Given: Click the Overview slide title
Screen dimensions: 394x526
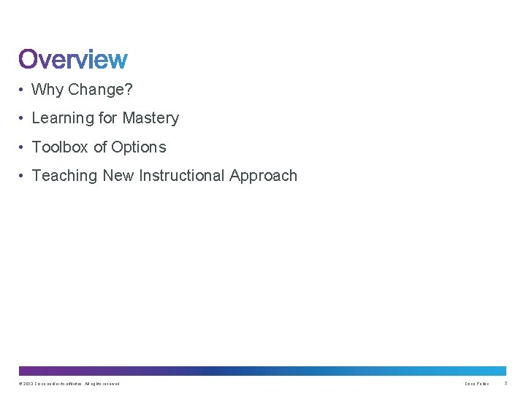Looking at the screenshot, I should pos(73,59).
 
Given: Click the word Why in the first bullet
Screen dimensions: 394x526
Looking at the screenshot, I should pos(47,90).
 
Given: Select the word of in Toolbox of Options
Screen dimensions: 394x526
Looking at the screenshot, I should pos(100,147).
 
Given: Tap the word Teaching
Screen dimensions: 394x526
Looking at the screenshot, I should pos(65,176).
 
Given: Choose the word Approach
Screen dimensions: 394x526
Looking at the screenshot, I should pos(264,176).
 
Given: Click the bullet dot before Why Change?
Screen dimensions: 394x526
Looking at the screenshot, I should pos(23,90).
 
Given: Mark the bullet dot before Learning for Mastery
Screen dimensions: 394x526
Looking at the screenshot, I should pos(23,119).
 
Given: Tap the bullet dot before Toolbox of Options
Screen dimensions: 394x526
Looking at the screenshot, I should pos(23,148).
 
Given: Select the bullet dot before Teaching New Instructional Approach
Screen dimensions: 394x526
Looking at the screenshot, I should pos(23,177).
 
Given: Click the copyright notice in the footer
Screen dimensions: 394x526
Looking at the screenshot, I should pos(69,384).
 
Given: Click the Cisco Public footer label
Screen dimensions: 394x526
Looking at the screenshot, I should pos(477,384).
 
